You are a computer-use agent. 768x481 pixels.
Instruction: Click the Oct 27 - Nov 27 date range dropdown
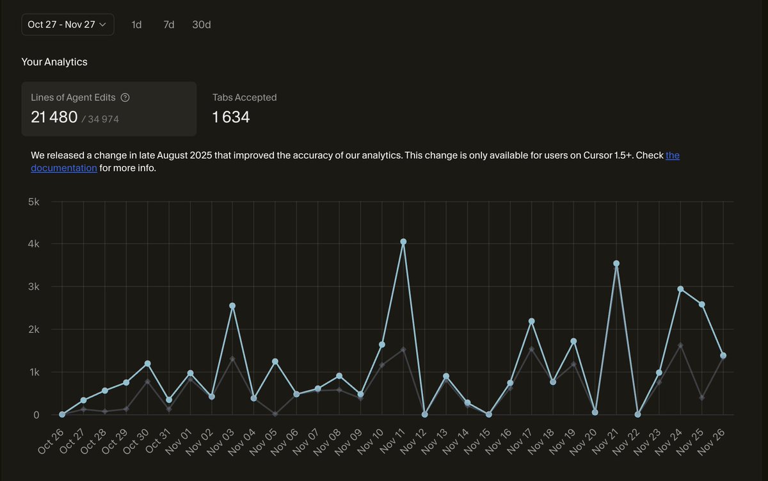tap(67, 24)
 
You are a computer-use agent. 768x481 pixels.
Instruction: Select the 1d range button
tap(136, 24)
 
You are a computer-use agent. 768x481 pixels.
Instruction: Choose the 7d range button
tap(169, 24)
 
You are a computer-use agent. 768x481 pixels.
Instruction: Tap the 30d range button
tap(202, 24)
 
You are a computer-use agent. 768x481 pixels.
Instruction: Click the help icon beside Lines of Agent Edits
tap(125, 97)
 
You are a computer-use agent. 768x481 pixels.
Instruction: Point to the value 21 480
tap(54, 117)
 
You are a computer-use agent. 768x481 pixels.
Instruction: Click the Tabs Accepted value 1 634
tap(231, 117)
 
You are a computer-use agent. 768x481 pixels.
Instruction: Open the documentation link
tap(64, 168)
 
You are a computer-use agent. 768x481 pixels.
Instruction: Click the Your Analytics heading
tap(54, 61)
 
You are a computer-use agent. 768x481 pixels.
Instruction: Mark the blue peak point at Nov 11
tap(403, 241)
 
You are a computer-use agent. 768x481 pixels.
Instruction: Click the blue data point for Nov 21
tap(616, 263)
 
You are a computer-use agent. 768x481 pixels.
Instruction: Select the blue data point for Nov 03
tap(232, 306)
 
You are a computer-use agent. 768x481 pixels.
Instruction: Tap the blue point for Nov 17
tap(531, 321)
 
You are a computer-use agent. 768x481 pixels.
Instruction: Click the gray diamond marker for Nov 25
tap(702, 398)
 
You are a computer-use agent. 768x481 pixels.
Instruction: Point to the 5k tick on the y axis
tap(33, 202)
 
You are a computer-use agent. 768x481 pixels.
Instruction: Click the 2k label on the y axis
tap(33, 329)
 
